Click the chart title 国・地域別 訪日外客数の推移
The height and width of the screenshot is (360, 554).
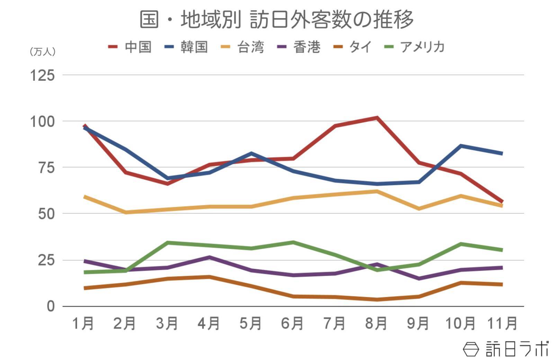point(276,19)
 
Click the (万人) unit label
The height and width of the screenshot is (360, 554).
point(43,52)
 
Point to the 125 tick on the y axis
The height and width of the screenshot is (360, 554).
point(43,75)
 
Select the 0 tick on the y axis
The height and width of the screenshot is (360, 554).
point(51,306)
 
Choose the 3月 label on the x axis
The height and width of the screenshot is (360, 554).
point(167,324)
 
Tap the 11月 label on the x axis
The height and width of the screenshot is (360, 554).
point(502,324)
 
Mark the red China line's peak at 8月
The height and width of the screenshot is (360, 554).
point(377,118)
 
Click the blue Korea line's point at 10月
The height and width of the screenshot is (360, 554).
point(461,146)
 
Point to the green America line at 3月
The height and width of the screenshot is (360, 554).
point(168,243)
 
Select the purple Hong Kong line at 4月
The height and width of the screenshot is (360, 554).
point(209,257)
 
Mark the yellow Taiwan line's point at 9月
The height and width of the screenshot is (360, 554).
point(419,209)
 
